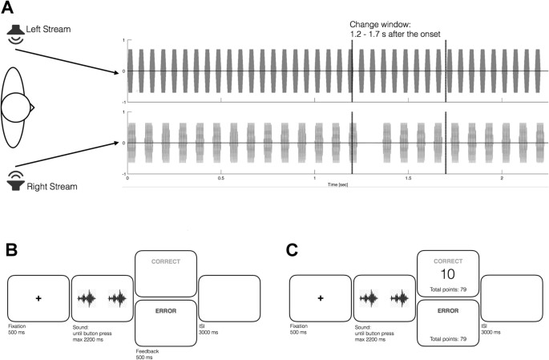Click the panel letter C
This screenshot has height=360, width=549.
(x=293, y=249)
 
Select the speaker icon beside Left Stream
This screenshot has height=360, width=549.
(x=16, y=32)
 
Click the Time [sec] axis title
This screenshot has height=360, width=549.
(x=337, y=184)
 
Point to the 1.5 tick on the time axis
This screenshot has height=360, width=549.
(x=408, y=179)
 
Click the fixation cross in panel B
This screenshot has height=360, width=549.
(x=38, y=298)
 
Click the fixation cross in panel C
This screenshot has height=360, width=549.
(x=320, y=298)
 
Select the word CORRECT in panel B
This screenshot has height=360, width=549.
(x=165, y=261)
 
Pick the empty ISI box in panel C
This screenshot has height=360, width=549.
(x=511, y=298)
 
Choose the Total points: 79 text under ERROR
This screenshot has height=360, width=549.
(x=448, y=338)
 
